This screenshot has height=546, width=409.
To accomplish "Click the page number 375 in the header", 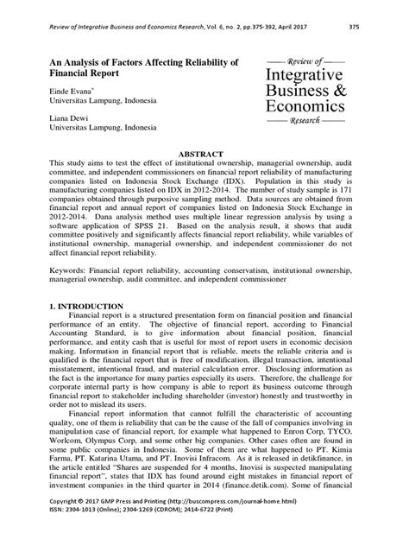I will (377, 26).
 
